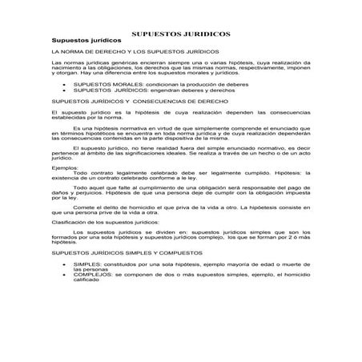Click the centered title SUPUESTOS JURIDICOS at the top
pyautogui.click(x=181, y=34)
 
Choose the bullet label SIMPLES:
pyautogui.click(x=86, y=263)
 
